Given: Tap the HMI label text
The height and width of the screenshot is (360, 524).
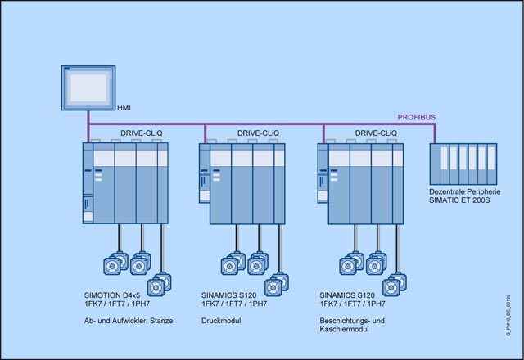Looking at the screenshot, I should [x=124, y=107].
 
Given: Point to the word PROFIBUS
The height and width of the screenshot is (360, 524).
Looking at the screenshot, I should [x=418, y=118].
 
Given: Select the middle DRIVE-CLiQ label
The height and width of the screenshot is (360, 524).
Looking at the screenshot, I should [x=258, y=133].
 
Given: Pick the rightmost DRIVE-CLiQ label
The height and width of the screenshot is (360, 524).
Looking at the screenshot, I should [x=376, y=133].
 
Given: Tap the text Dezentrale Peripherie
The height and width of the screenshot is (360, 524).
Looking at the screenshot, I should [x=464, y=191].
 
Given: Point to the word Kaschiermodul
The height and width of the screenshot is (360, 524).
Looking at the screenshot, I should [x=347, y=330].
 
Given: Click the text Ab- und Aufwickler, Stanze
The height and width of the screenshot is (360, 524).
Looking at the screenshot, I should [x=129, y=321].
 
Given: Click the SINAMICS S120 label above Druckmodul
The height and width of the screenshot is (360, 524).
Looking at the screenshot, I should [x=230, y=294].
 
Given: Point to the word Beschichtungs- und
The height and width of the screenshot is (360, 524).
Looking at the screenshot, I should [x=355, y=321].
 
